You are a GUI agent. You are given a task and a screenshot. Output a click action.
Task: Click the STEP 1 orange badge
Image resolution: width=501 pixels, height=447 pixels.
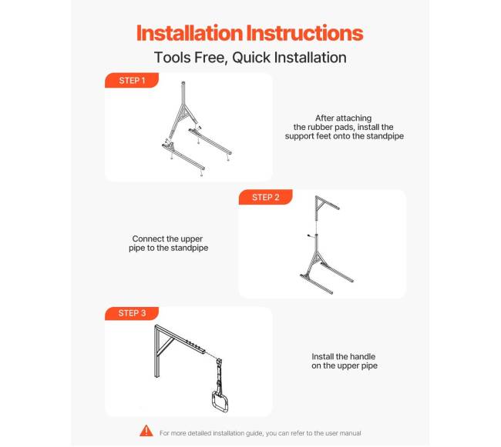click(132, 80)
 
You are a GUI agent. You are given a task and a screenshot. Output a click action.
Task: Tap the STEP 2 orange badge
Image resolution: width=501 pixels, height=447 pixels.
click(265, 197)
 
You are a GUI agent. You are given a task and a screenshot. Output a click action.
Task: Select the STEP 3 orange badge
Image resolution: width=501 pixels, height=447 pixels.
click(132, 313)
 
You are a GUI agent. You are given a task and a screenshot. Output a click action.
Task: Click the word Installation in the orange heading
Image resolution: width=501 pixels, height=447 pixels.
click(190, 33)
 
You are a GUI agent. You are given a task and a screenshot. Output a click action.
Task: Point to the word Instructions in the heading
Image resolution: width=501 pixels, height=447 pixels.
click(304, 33)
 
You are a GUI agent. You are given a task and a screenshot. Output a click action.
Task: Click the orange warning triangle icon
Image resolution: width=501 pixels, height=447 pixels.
click(146, 431)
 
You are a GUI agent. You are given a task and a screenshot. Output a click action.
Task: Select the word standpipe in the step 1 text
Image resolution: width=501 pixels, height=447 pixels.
click(385, 136)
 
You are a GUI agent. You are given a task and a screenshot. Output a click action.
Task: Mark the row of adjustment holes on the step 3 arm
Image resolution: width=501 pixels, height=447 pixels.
click(193, 344)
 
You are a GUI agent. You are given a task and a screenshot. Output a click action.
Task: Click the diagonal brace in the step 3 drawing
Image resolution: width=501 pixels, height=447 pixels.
click(166, 345)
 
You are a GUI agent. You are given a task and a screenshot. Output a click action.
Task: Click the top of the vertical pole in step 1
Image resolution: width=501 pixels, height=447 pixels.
click(183, 82)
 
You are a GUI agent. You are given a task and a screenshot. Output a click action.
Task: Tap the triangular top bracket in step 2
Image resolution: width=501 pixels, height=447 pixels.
click(324, 204)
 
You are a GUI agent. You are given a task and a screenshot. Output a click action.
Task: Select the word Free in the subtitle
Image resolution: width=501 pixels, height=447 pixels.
click(211, 58)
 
